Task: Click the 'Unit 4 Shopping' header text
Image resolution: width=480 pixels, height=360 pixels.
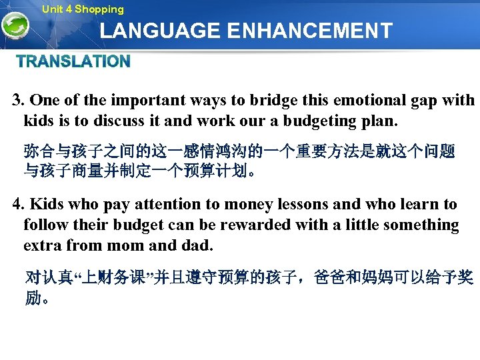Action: coord(83,9)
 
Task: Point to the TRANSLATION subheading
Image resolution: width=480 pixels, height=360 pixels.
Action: coord(73,62)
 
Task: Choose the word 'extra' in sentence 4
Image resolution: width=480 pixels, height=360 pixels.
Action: coord(43,245)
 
